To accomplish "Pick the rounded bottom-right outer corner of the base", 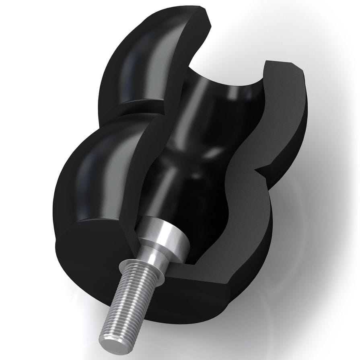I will click(241, 286).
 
